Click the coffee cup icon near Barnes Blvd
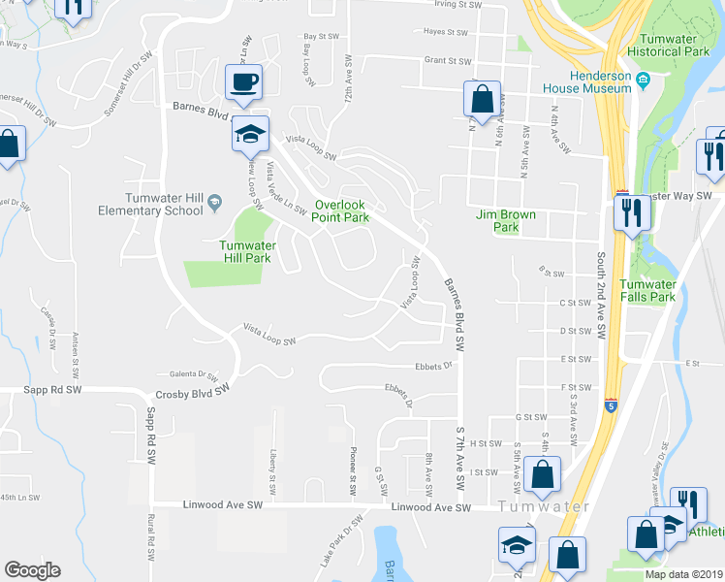(x=244, y=81)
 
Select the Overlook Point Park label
(x=340, y=211)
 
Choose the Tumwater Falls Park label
(x=647, y=291)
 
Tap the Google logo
(x=32, y=570)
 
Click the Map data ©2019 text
(x=682, y=574)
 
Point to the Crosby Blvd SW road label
(x=191, y=395)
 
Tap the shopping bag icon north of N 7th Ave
(x=482, y=98)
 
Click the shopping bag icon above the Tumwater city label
(x=544, y=473)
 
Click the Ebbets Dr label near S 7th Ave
(x=434, y=366)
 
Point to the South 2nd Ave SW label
(x=601, y=297)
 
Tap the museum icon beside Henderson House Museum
(x=643, y=78)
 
